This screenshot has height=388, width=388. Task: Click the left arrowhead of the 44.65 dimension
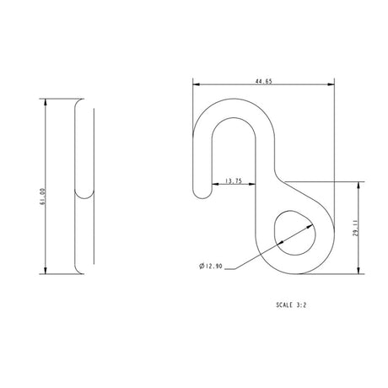tap(197, 84)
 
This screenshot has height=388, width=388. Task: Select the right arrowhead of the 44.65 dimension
tap(331, 84)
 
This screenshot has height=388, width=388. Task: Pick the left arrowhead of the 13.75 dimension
tap(208, 185)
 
